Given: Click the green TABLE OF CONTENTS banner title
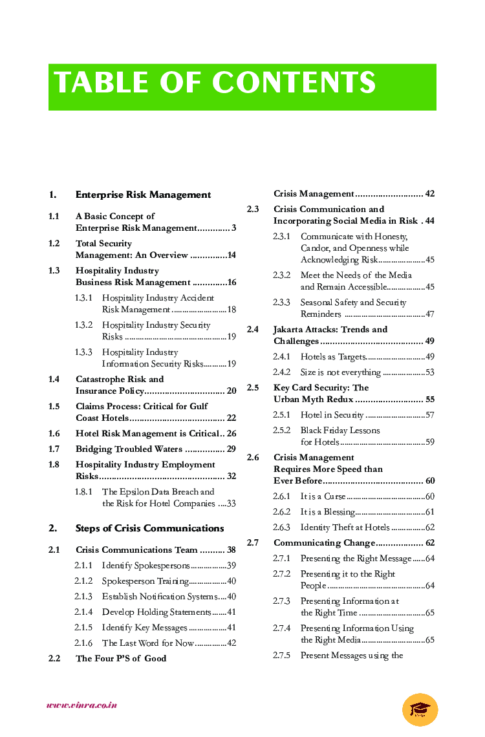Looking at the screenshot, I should pyautogui.click(x=215, y=83).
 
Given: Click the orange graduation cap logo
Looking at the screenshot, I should pyautogui.click(x=420, y=709).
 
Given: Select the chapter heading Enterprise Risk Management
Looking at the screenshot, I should pyautogui.click(x=143, y=195).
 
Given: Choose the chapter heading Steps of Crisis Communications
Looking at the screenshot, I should pyautogui.click(x=149, y=528).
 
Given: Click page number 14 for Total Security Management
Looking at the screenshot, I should pyautogui.click(x=231, y=255).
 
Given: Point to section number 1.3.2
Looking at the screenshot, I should pyautogui.click(x=83, y=325).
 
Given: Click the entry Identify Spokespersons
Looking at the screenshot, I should pyautogui.click(x=145, y=566).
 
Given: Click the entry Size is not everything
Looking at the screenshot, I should pyautogui.click(x=340, y=372).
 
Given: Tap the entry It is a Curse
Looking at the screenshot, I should pyautogui.click(x=323, y=497).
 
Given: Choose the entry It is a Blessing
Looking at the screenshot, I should pyautogui.click(x=327, y=512).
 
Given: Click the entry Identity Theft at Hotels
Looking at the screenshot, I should pyautogui.click(x=345, y=528).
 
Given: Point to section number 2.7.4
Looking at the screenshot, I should pyautogui.click(x=282, y=628).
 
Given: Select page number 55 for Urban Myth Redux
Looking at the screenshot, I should pyautogui.click(x=429, y=400).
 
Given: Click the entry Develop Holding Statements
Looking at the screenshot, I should pyautogui.click(x=156, y=612).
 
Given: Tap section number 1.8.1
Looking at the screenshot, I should pyautogui.click(x=83, y=492).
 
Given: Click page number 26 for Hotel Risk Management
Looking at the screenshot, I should pyautogui.click(x=231, y=434).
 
